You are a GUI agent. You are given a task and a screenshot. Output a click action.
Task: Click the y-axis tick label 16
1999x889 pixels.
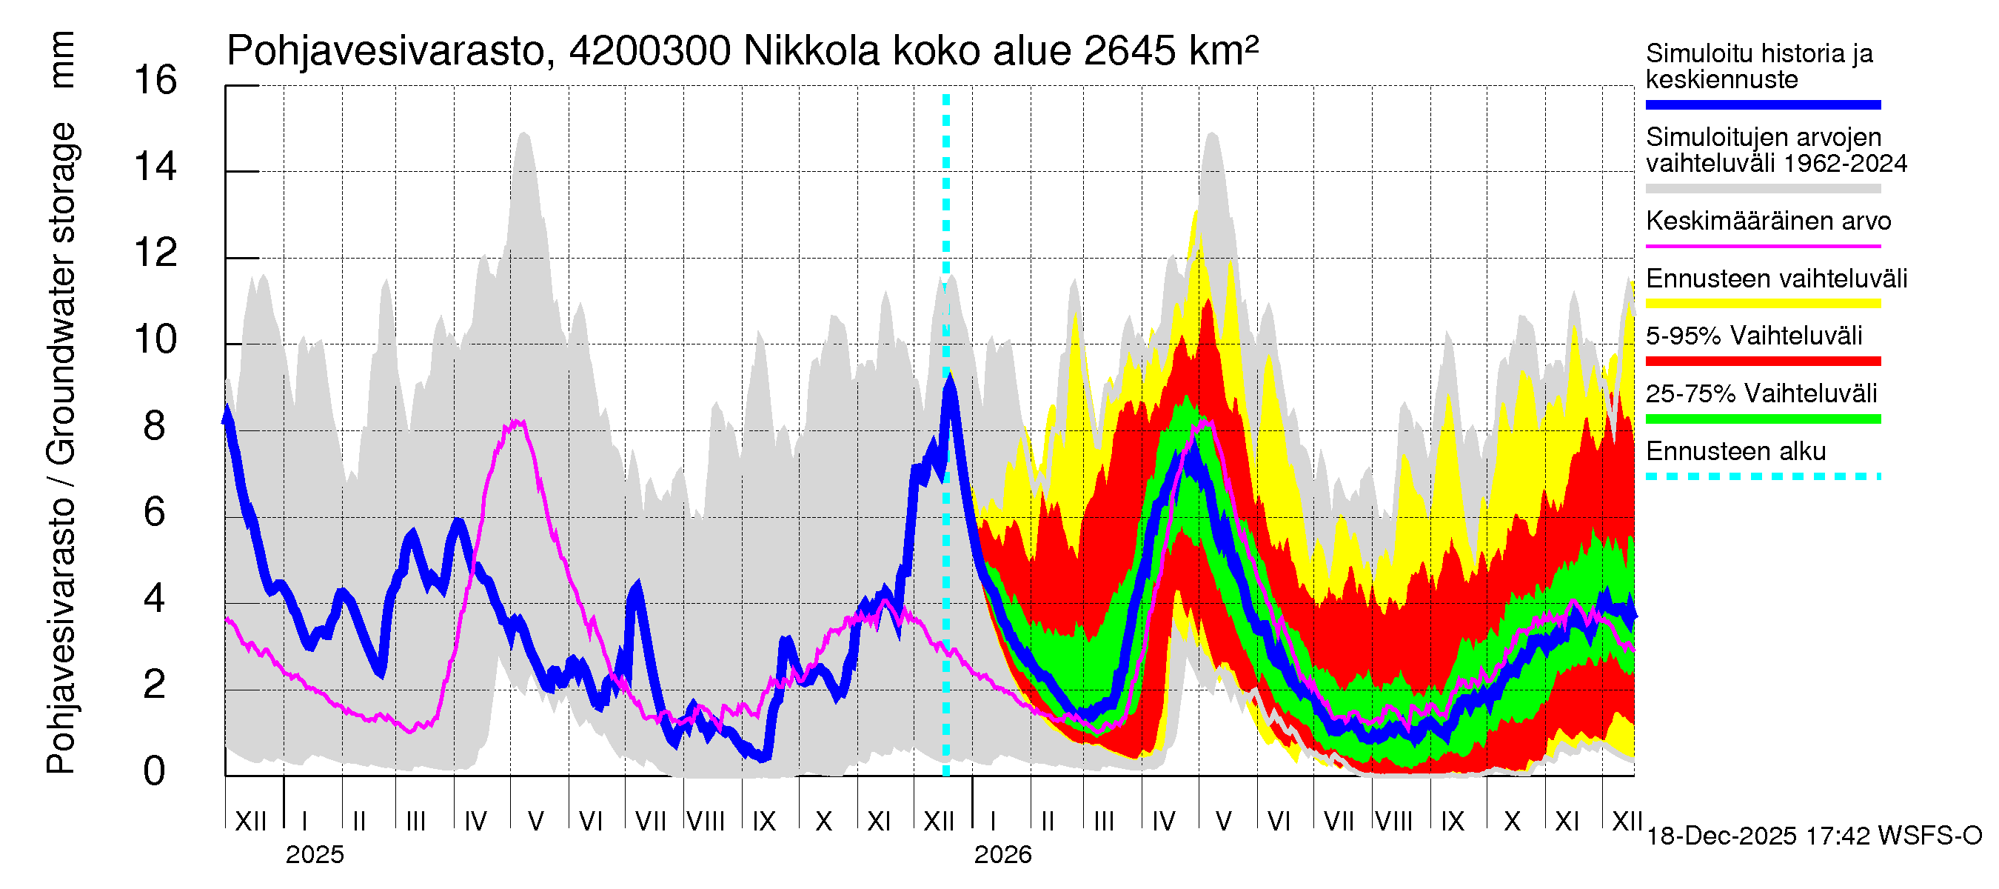[x=155, y=81]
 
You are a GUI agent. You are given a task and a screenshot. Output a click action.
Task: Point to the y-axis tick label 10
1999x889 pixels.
[x=155, y=340]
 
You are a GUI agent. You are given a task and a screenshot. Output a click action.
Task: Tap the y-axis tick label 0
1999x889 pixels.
[x=155, y=771]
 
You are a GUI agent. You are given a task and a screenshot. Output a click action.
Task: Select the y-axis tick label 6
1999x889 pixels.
[x=155, y=513]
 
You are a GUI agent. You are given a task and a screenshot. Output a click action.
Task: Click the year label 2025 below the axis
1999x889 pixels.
[x=314, y=855]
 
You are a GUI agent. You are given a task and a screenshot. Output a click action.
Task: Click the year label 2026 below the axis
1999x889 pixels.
[x=1002, y=855]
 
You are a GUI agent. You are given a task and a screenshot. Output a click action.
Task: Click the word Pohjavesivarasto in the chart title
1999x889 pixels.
[x=386, y=52]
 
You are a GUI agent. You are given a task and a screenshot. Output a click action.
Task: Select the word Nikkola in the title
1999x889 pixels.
[x=811, y=52]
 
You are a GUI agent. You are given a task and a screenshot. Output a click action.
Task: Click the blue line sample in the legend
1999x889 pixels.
[x=1763, y=104]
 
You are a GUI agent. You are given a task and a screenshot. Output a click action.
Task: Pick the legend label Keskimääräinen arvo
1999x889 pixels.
[x=1769, y=222]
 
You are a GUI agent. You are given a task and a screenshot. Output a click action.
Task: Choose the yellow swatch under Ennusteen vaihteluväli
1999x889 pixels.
[x=1763, y=304]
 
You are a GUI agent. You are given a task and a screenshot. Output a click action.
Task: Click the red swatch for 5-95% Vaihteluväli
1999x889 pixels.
[x=1763, y=361]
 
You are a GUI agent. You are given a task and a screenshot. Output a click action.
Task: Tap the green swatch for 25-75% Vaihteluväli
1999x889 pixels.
[x=1763, y=419]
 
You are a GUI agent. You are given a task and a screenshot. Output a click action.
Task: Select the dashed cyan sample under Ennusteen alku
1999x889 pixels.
[x=1763, y=476]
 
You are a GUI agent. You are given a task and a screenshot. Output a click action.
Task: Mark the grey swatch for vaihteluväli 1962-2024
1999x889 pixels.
[x=1763, y=189]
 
